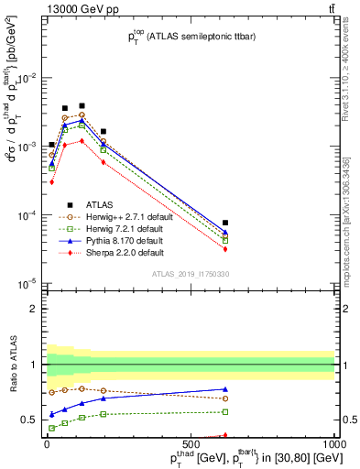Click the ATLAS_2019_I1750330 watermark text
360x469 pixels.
[190, 274]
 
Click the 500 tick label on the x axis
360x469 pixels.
[191, 444]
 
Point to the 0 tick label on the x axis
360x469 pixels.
[48, 444]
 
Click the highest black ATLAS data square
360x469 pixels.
[82, 106]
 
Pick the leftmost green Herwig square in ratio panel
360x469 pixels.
[52, 428]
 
